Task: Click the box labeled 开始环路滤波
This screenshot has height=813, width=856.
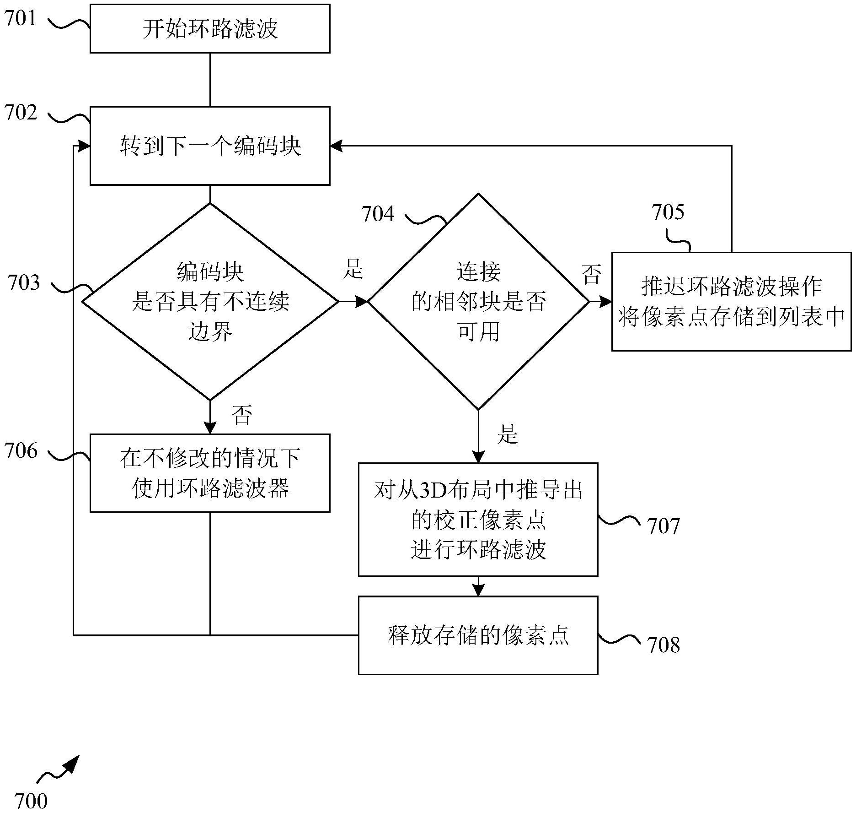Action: (x=210, y=29)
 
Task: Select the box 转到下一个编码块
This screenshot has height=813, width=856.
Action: (x=210, y=146)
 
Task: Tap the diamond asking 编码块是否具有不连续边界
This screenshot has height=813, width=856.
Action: (x=210, y=301)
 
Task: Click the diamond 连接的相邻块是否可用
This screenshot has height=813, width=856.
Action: (x=478, y=301)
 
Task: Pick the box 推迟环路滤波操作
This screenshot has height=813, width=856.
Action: (x=731, y=301)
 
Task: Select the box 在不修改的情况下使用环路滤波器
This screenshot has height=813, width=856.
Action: (x=210, y=473)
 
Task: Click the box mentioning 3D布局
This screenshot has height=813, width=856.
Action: (x=478, y=519)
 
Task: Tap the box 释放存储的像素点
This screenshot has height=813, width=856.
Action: (x=478, y=635)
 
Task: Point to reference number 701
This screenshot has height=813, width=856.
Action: (x=20, y=19)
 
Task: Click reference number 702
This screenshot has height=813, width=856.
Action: (x=21, y=113)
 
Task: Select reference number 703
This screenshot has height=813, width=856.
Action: (x=24, y=283)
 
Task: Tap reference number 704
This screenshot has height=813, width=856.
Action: (x=378, y=214)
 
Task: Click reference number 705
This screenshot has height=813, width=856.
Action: (x=668, y=212)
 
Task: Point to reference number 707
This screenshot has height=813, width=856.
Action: (x=663, y=526)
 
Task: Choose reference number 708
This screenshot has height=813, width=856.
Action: (x=663, y=645)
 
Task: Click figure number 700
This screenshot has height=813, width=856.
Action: (x=31, y=801)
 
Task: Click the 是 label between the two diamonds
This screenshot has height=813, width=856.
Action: (x=353, y=269)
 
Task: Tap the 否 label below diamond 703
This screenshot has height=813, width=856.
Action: (x=242, y=415)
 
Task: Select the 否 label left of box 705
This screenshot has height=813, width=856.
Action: (x=591, y=275)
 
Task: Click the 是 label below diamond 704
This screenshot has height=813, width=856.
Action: (x=508, y=434)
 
